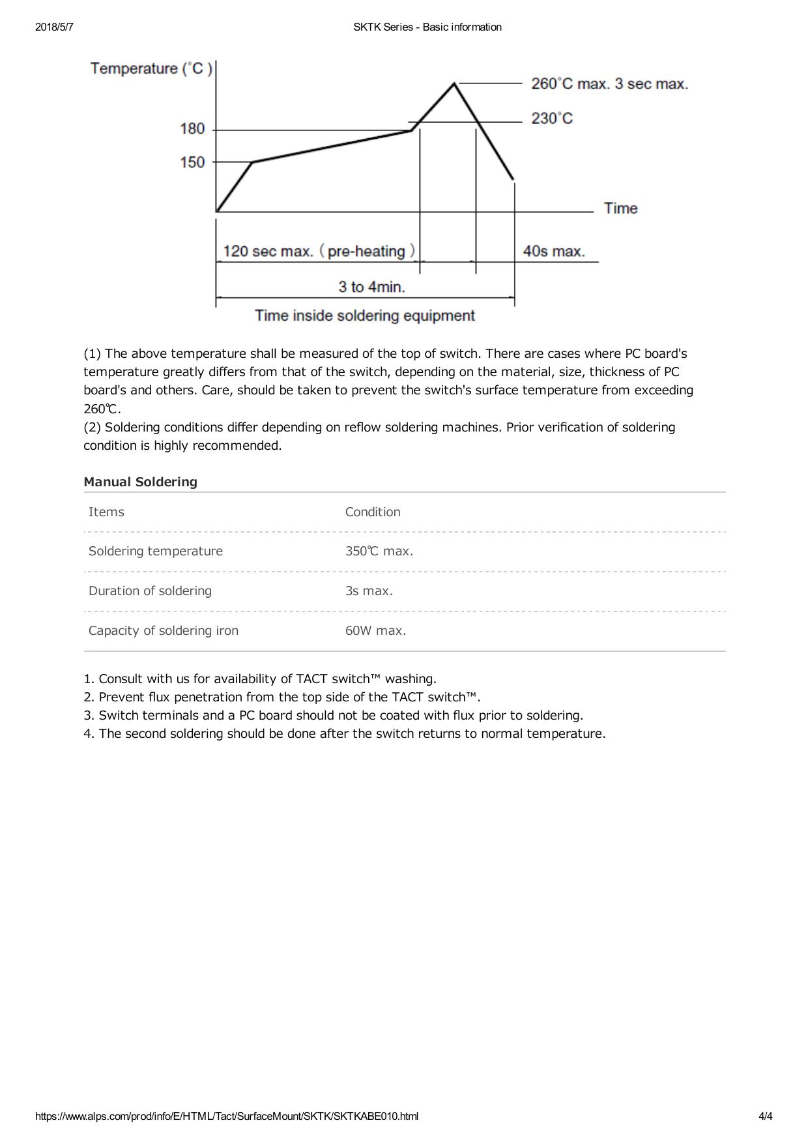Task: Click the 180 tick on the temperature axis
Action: coord(193,129)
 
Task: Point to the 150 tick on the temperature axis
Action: coord(193,162)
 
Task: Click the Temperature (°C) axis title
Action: coord(151,68)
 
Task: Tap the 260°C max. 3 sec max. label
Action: coord(609,84)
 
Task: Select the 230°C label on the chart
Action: coord(552,119)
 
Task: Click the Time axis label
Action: coord(620,209)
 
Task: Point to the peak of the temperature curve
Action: coord(454,83)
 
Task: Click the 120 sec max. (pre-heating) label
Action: coord(319,252)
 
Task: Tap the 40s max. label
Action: coord(554,252)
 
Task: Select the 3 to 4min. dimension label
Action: coord(371,287)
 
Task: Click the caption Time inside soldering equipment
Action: coord(365,316)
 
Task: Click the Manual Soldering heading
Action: coord(140,482)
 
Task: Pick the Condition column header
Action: coord(373,512)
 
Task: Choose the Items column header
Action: coord(106,512)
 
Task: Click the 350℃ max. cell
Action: coord(379,551)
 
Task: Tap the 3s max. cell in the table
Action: coord(369,591)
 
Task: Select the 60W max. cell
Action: coord(375,631)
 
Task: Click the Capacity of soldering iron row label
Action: coord(164,631)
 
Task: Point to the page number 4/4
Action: coord(765,1116)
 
